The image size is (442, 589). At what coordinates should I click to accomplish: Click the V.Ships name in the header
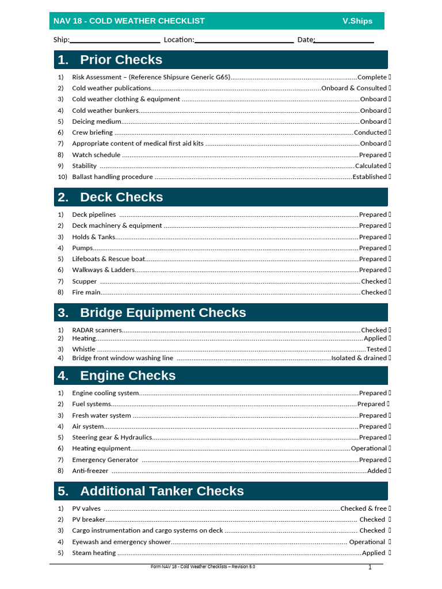[x=357, y=21]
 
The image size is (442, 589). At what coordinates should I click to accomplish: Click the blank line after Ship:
[x=115, y=40]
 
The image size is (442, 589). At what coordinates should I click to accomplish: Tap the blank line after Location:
[x=244, y=40]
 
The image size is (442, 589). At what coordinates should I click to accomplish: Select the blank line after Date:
[x=344, y=40]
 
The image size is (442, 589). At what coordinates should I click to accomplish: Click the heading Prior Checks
[x=121, y=60]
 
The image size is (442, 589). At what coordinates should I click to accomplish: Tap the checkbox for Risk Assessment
[x=390, y=77]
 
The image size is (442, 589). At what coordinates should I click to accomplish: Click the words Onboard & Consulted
[x=354, y=88]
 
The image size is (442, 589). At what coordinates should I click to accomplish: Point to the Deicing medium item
[x=97, y=121]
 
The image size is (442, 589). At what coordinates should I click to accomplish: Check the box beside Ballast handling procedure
[x=390, y=177]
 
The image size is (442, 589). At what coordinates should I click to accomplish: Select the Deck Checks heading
[x=121, y=197]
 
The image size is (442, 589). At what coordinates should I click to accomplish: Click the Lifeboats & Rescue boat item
[x=108, y=259]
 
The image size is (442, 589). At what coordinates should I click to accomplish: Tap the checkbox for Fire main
[x=390, y=292]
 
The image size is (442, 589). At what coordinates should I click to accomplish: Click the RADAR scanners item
[x=97, y=330]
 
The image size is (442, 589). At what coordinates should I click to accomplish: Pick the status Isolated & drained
[x=359, y=358]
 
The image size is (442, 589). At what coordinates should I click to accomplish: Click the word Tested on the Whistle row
[x=376, y=349]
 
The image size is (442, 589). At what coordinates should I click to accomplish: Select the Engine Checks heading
[x=128, y=376]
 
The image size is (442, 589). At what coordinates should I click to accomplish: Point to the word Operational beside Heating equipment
[x=369, y=448]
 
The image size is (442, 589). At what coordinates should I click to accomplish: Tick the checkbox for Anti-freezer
[x=390, y=471]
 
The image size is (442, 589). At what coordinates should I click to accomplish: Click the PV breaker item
[x=89, y=519]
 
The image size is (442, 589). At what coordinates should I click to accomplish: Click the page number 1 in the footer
[x=370, y=568]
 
